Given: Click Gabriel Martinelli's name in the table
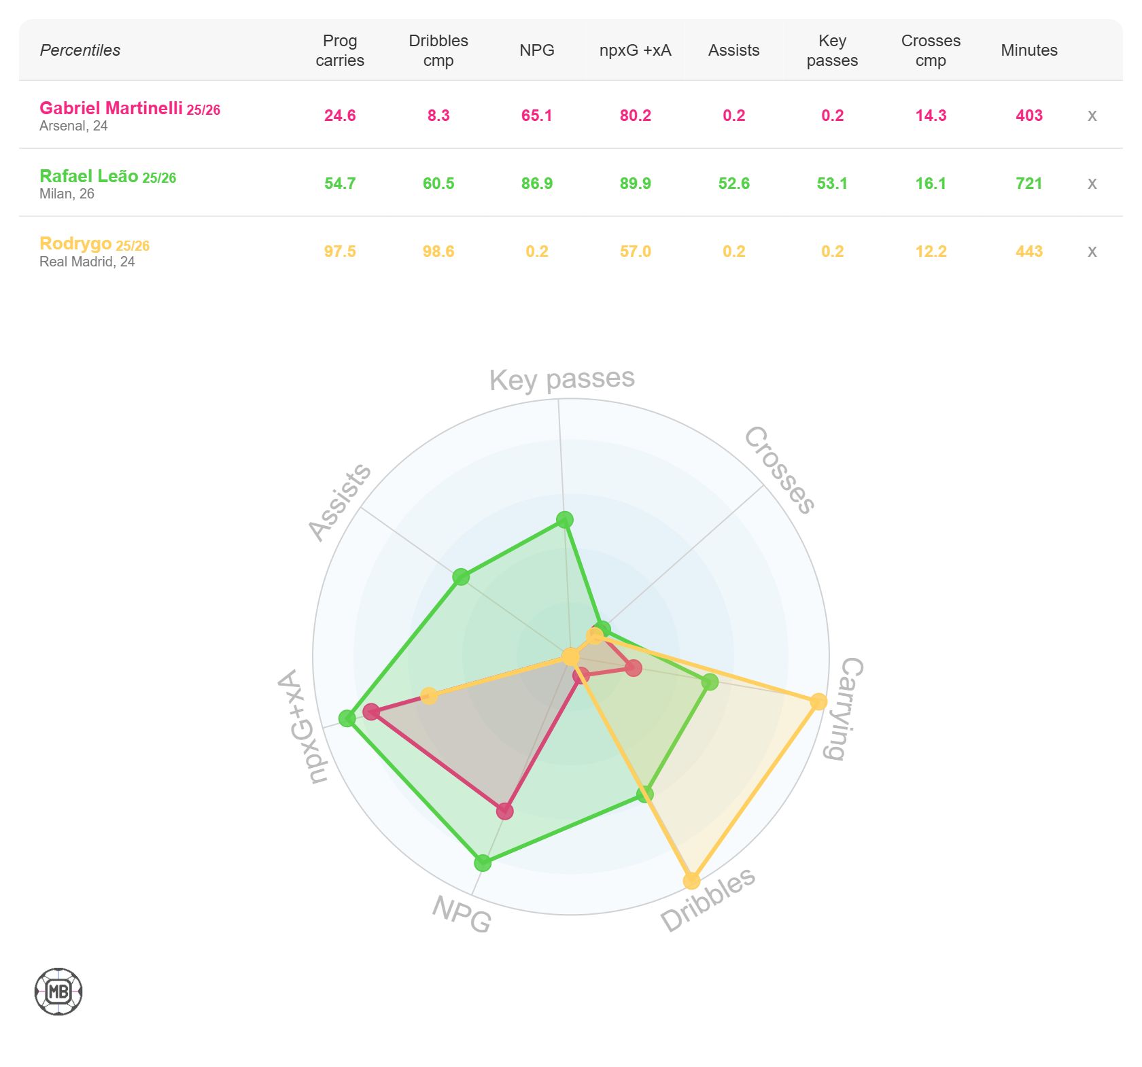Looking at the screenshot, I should tap(111, 108).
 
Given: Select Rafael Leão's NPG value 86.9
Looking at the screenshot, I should tap(536, 183).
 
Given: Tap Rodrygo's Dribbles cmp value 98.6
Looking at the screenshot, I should tap(438, 251).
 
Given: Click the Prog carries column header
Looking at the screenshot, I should tap(340, 50).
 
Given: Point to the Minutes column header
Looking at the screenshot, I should tap(1028, 50).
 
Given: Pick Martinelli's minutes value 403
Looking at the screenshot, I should tap(1028, 116).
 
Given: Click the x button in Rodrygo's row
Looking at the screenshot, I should tap(1092, 251).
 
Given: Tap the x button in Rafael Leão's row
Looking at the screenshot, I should tap(1092, 183).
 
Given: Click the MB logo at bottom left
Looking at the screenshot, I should tap(58, 992).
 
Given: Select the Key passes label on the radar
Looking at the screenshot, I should tap(562, 379).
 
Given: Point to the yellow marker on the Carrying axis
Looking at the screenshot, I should tap(818, 701).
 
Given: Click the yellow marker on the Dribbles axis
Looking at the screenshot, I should tap(691, 881).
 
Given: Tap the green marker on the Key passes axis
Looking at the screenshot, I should tap(564, 520).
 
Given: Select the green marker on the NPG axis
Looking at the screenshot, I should tap(483, 863).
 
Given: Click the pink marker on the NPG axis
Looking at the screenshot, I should tap(504, 811).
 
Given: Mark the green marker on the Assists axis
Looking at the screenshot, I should tap(461, 577).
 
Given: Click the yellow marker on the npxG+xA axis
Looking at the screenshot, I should tap(429, 695).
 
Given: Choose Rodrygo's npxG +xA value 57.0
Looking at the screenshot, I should tap(635, 251).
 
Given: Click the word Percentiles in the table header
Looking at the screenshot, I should tap(80, 50).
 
